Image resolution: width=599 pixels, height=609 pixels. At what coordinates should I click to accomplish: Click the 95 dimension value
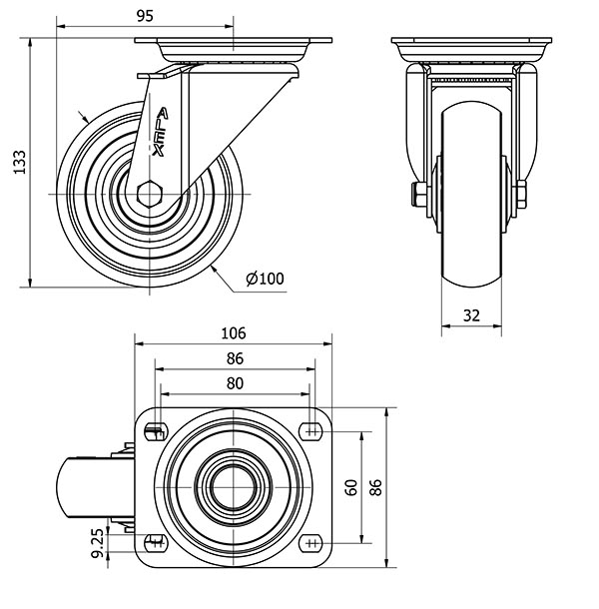[x=146, y=16]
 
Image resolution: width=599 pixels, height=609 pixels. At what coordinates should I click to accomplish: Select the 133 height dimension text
[x=19, y=162]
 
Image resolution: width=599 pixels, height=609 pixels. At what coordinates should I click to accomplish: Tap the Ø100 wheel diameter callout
[x=266, y=279]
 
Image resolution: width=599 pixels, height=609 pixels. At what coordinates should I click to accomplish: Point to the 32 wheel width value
[x=471, y=315]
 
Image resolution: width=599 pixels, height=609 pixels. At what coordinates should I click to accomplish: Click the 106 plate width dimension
[x=234, y=333]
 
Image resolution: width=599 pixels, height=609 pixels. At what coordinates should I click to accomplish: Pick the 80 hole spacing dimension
[x=235, y=383]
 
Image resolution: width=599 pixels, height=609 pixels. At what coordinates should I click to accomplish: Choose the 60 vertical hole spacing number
[x=351, y=487]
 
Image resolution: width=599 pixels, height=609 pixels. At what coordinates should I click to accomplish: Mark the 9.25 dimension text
[x=98, y=542]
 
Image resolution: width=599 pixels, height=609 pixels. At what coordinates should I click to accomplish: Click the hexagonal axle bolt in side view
[x=150, y=194]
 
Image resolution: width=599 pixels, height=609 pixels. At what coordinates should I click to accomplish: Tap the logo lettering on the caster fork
[x=160, y=132]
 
